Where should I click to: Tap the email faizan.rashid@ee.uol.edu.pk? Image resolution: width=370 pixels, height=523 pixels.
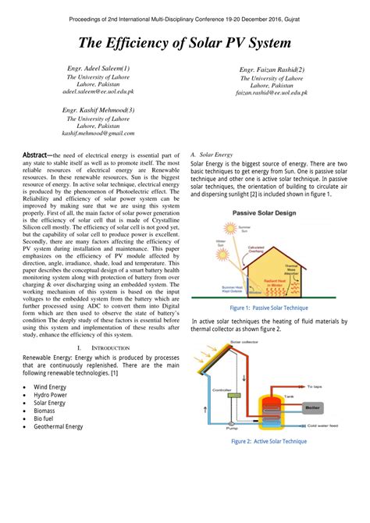click(x=272, y=92)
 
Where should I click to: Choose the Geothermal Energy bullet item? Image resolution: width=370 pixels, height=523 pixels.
click(x=58, y=427)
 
